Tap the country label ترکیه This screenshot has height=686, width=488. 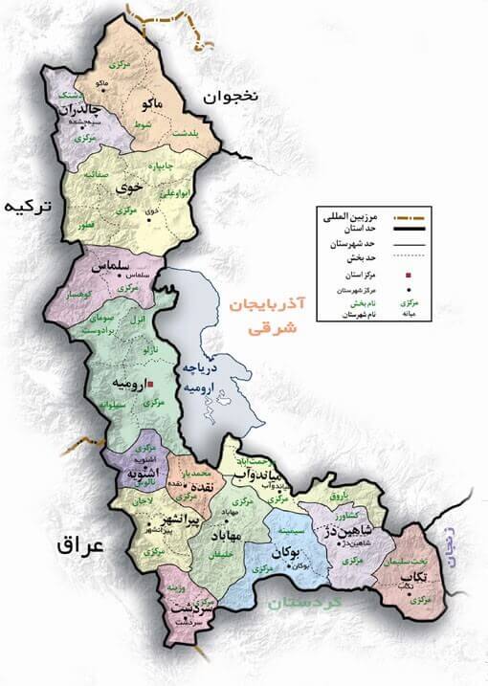tap(26, 208)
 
